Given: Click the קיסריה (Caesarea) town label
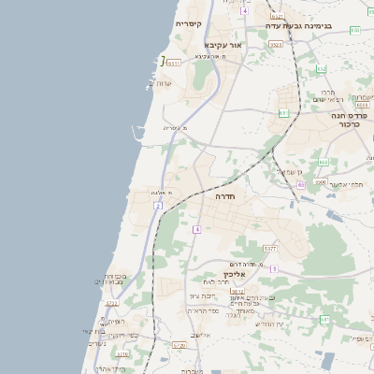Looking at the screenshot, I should point(189,22).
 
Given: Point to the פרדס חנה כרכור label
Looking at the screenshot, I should point(351,119).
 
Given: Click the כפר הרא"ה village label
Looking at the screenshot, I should point(203,310).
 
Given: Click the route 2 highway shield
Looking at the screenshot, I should point(159,204).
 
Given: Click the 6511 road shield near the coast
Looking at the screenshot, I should point(174,63).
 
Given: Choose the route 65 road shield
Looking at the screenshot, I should point(301,185).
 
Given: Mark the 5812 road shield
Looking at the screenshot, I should point(238,292).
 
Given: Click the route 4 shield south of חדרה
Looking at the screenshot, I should point(197,229).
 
